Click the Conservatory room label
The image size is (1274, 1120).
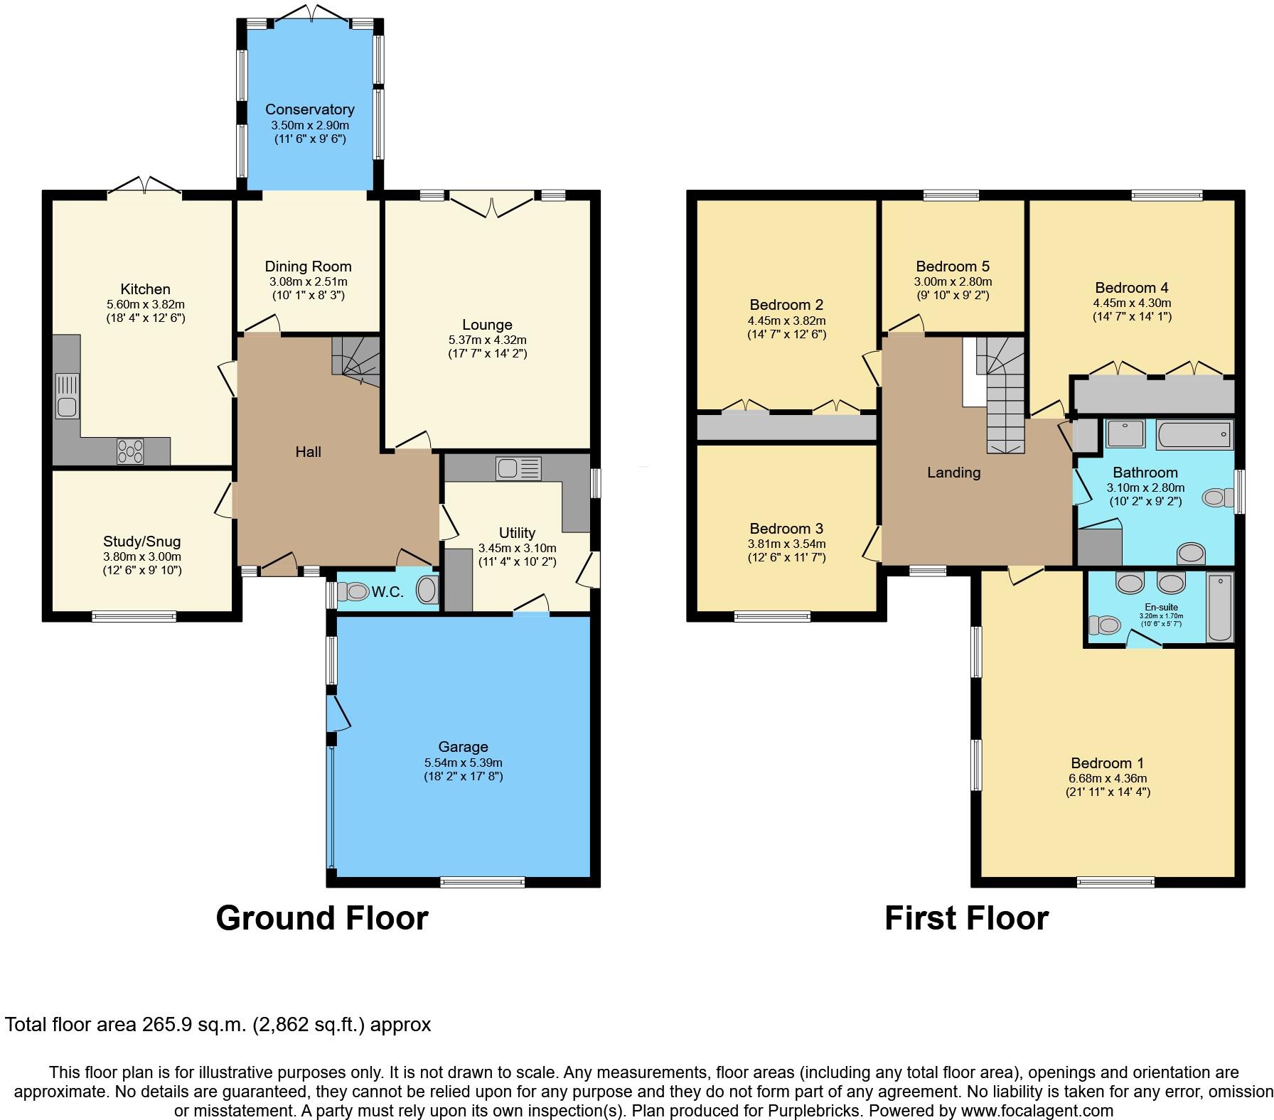[x=309, y=109]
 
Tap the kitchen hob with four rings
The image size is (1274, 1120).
[x=131, y=451]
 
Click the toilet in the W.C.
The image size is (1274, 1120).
[x=352, y=591]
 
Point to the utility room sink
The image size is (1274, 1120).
[x=519, y=469]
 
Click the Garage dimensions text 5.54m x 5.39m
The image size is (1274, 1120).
[x=463, y=762]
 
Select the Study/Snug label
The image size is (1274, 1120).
[x=141, y=542]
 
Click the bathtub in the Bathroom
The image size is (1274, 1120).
[x=1194, y=434]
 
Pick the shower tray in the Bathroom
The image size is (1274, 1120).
[x=1128, y=434]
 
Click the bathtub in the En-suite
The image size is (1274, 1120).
[x=1220, y=608]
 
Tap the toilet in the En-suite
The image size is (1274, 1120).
[x=1104, y=625]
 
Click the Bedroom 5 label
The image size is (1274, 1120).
[x=952, y=266]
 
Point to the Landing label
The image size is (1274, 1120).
[x=953, y=473]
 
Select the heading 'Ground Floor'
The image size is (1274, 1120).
[x=321, y=918]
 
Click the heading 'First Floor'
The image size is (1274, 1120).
[x=966, y=918]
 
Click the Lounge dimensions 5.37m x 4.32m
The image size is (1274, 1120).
[x=487, y=340]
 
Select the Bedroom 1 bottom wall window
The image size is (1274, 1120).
[x=1115, y=883]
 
